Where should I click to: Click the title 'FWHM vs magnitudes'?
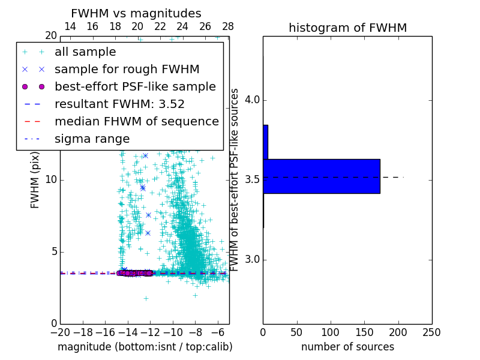coord(136,13)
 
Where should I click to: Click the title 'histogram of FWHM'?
coord(347,28)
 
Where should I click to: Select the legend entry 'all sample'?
coord(85,52)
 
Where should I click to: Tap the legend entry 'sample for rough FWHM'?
coord(127,70)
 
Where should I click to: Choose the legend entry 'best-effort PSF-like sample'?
coord(135,87)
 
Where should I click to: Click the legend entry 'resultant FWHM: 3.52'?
coord(119,104)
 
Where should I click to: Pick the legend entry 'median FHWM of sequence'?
coord(137,122)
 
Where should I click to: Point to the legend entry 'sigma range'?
coord(92,139)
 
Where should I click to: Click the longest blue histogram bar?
coord(322,176)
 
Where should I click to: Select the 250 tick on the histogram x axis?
coord(431,332)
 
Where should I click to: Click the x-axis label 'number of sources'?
coord(347,347)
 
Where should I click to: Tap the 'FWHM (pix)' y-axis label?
coord(35,180)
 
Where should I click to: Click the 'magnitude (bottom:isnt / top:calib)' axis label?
coord(145,347)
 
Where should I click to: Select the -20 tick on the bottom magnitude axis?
coord(60,332)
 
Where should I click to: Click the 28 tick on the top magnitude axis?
coord(228,26)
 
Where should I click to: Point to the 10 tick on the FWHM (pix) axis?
coord(50,180)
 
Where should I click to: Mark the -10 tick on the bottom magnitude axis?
coord(173,332)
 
